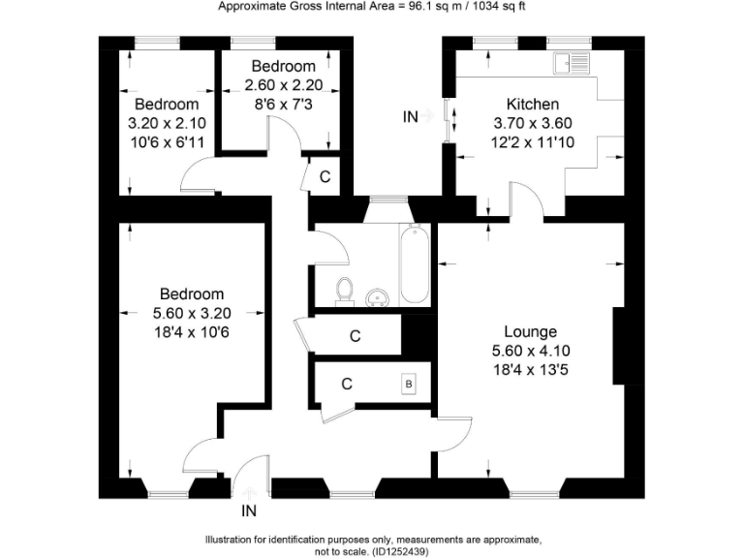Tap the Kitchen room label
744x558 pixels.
[x=532, y=104]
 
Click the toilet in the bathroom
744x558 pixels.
[x=343, y=290]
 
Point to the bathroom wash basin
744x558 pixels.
[x=379, y=295]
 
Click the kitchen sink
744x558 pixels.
[x=571, y=64]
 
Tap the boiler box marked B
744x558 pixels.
[x=409, y=384]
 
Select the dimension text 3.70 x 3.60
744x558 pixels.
[x=532, y=122]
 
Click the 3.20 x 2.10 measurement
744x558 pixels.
[x=167, y=123]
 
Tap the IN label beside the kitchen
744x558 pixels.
[x=411, y=116]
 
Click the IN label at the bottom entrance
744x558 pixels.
[x=249, y=511]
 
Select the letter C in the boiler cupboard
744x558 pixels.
[x=346, y=383]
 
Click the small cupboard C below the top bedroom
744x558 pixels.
[x=325, y=177]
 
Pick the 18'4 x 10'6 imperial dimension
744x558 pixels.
[x=192, y=331]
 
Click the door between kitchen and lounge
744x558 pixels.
[x=529, y=201]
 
